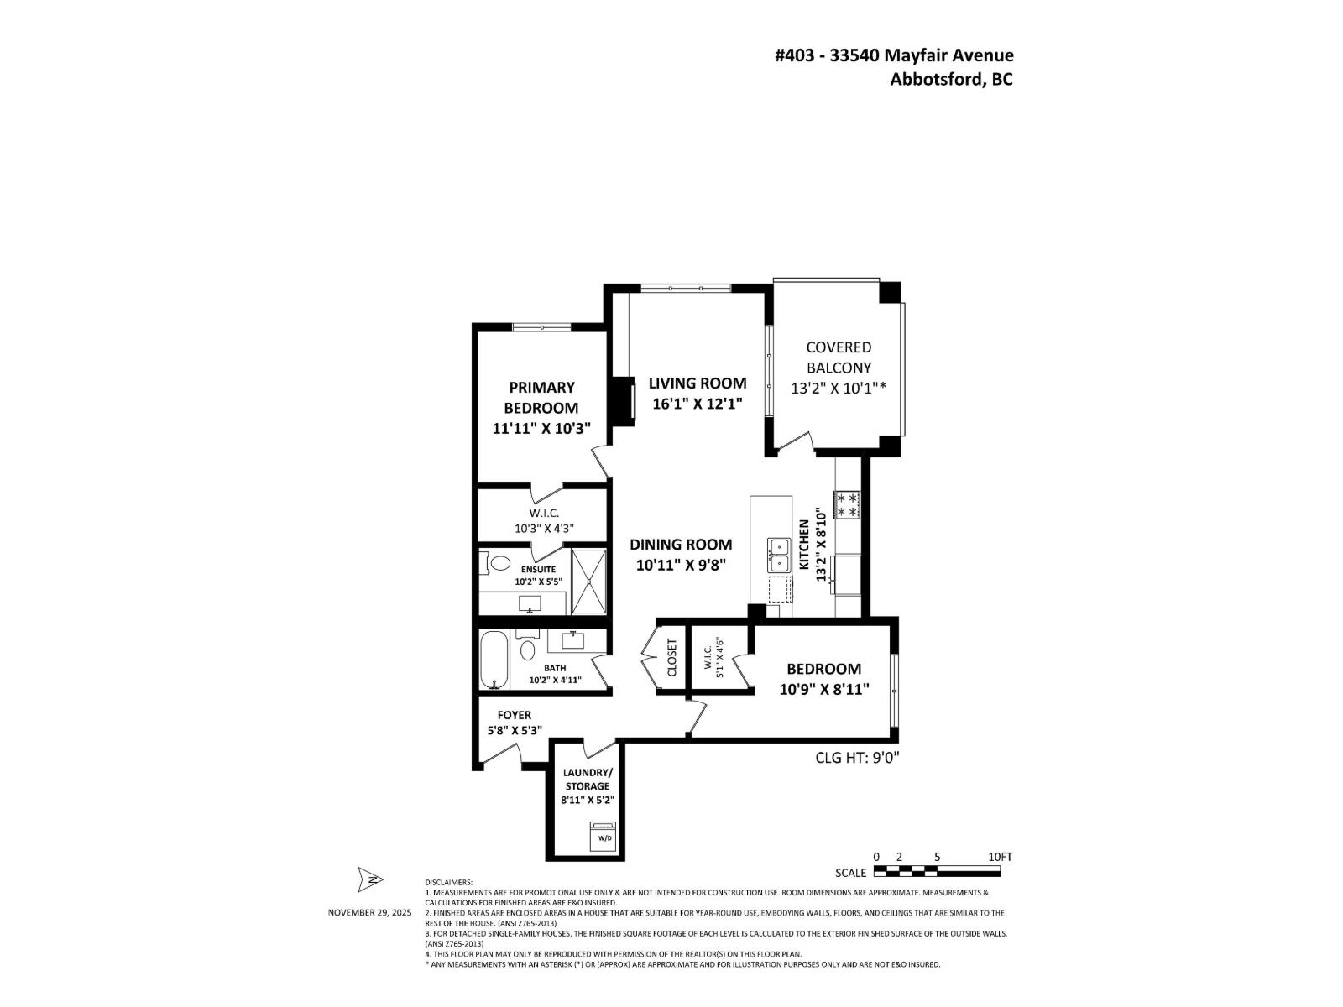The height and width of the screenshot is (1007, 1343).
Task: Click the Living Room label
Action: pos(697,383)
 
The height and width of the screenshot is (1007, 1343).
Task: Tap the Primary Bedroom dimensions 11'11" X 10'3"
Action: pos(541,428)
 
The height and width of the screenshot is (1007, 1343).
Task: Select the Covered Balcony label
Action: pos(839,357)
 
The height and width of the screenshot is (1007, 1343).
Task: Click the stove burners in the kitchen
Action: pos(847,504)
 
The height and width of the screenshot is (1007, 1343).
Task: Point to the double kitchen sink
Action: pos(778,555)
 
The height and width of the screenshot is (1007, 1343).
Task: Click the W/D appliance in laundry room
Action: pos(604,837)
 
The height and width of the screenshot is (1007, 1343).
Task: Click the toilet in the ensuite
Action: pos(497,562)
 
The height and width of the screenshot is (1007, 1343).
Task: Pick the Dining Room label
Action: pos(681,545)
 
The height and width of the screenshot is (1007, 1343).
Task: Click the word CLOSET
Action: pos(671,660)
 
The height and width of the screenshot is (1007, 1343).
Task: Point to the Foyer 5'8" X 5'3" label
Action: pos(514,723)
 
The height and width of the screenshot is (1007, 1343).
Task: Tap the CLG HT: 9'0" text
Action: pos(857,757)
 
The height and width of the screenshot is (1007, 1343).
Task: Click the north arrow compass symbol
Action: pos(369,879)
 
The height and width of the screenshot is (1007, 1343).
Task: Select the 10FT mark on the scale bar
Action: pos(1000,857)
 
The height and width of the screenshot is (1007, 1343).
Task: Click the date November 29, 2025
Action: pos(369,912)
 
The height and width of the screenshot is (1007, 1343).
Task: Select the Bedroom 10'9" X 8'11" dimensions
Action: pos(823,689)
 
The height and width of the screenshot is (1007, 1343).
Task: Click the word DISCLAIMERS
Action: pos(449,883)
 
